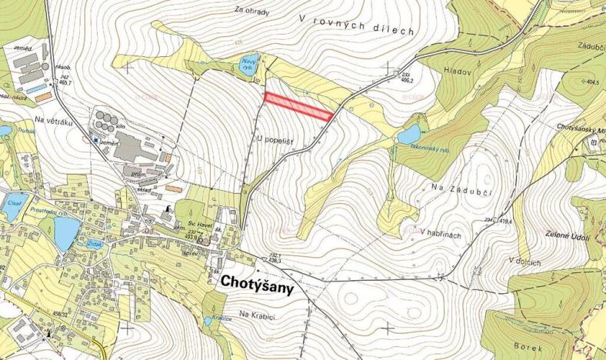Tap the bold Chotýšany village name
(x=259, y=282)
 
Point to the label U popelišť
(x=278, y=138)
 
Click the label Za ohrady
(x=255, y=11)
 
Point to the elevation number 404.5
(x=591, y=81)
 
